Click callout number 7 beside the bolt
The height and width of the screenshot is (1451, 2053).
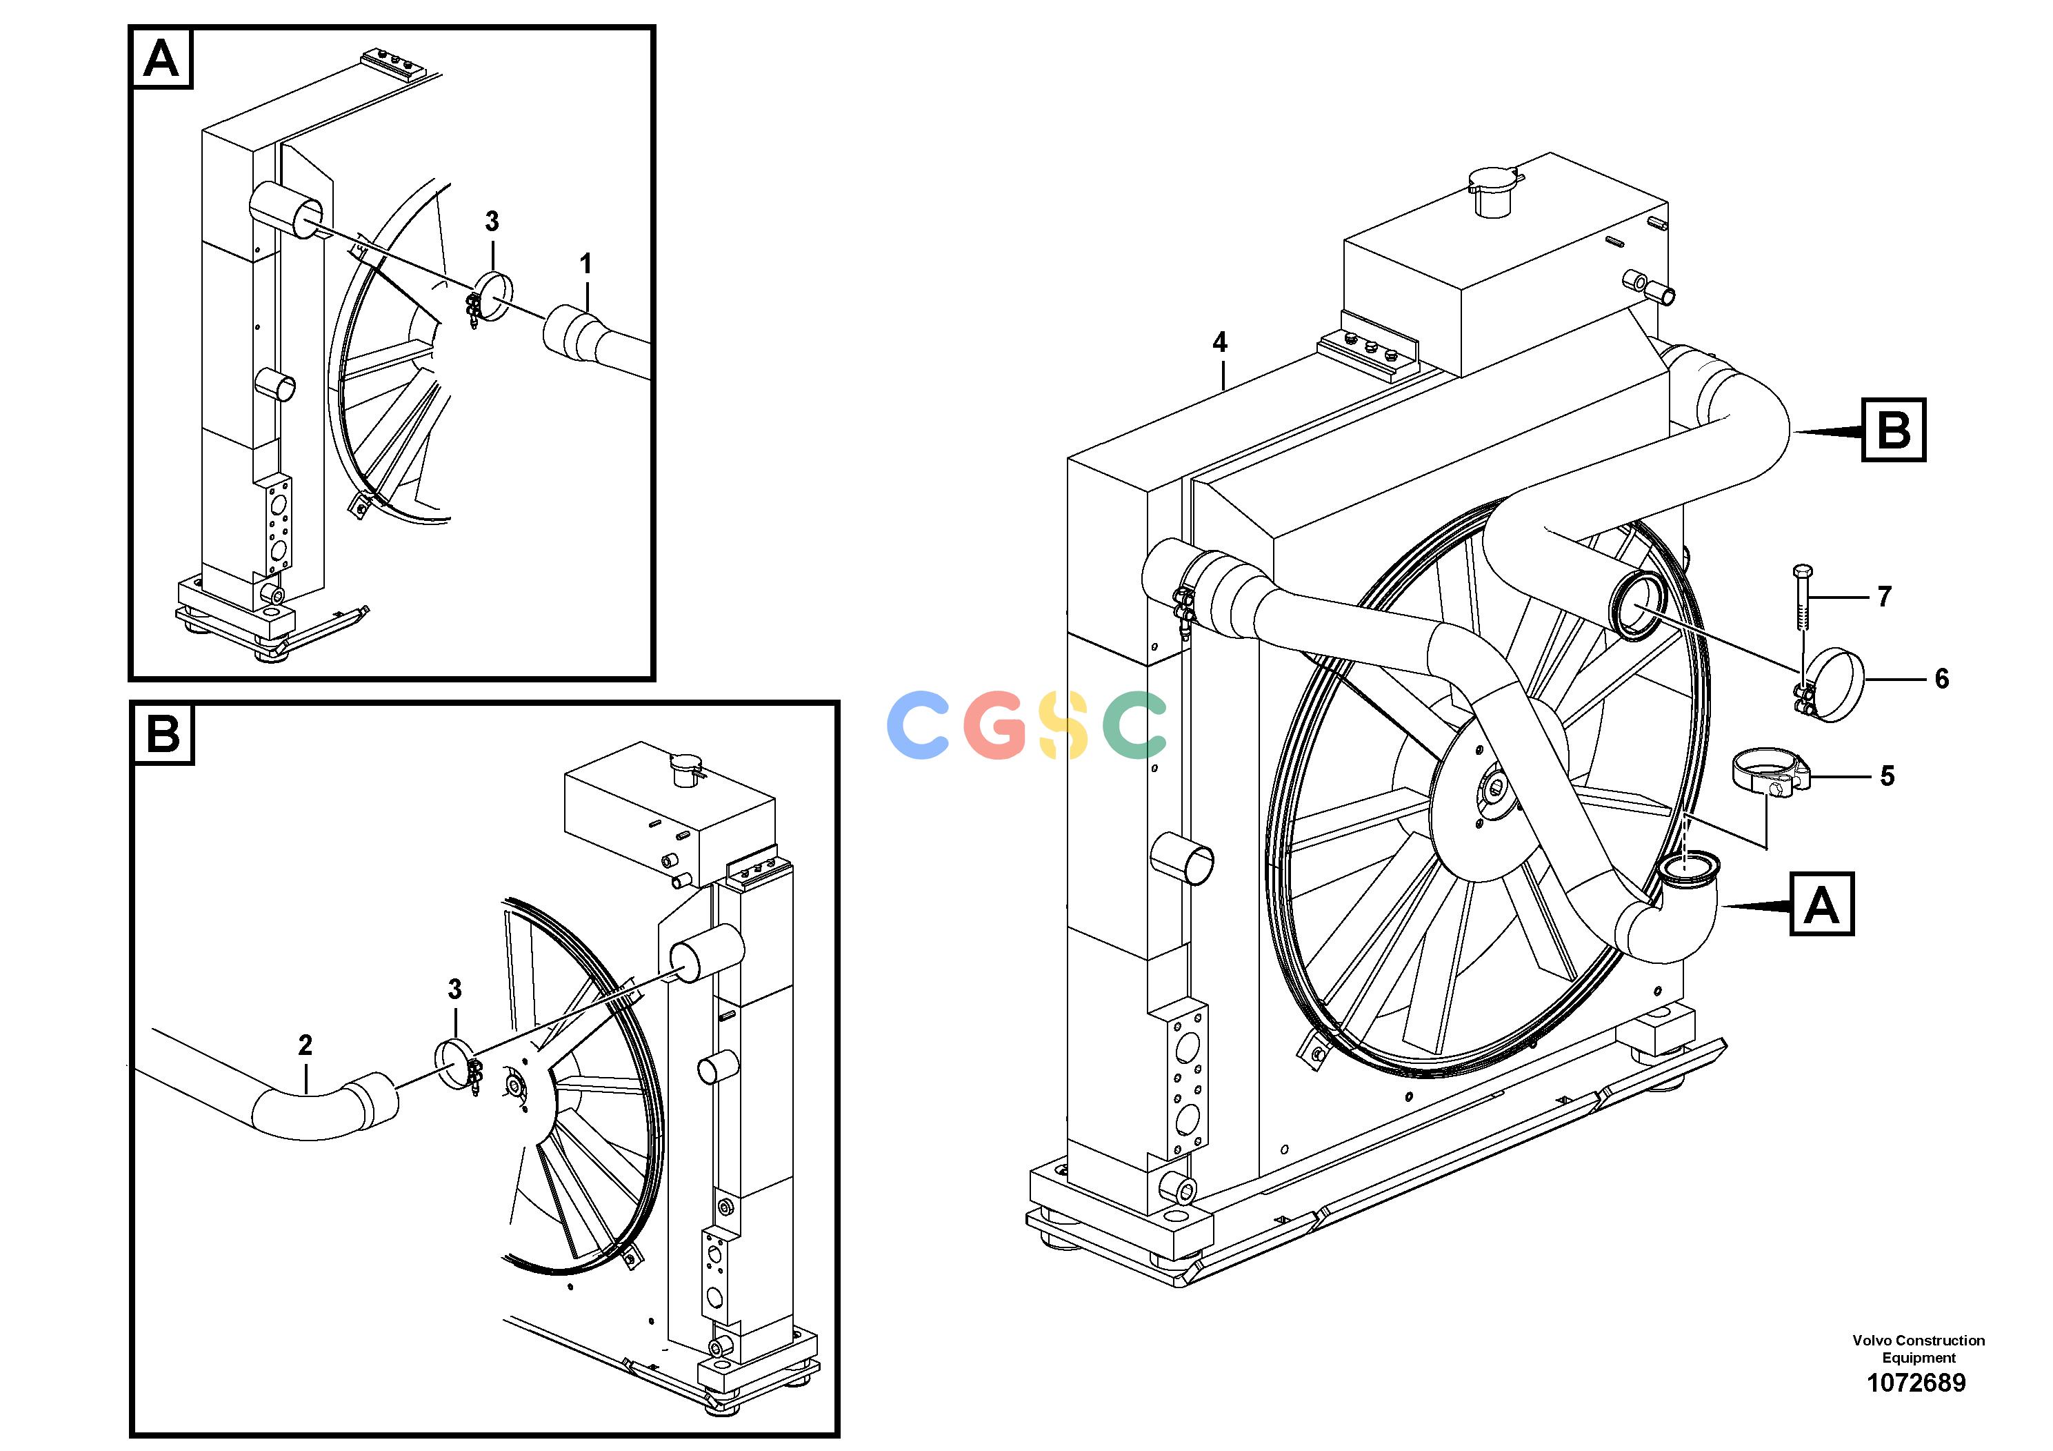click(x=1884, y=596)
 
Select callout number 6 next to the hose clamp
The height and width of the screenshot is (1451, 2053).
click(x=1941, y=678)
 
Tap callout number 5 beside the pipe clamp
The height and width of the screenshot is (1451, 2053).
click(x=1887, y=776)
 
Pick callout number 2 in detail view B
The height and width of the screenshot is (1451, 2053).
click(x=305, y=1044)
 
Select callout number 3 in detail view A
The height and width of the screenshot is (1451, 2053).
click(x=492, y=221)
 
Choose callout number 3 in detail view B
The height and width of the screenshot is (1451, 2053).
click(x=454, y=989)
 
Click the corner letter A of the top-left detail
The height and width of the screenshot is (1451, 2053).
click(x=162, y=59)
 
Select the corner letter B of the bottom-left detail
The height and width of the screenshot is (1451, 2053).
click(x=163, y=733)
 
